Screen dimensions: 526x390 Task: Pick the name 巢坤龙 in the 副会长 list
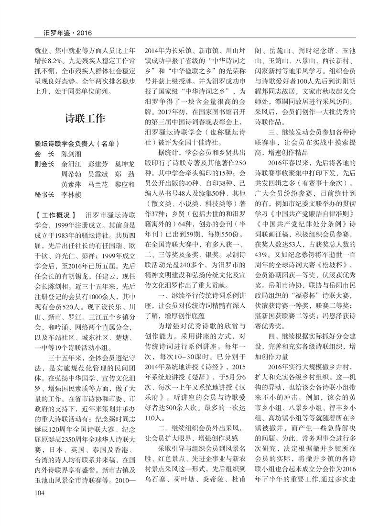[125, 164]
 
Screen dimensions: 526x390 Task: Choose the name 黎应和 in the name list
[125, 184]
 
